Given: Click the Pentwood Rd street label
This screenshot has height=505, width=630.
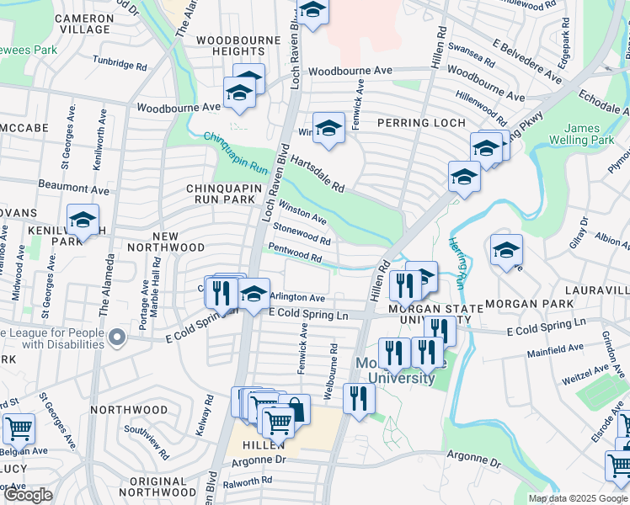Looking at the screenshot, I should (x=295, y=252).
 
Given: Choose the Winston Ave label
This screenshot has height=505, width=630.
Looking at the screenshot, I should (x=302, y=212).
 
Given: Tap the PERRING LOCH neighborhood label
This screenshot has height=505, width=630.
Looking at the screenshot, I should (x=420, y=123).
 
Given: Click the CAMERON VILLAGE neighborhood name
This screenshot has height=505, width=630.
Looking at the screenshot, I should (x=82, y=23).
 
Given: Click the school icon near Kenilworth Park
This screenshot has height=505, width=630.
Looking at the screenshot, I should (x=83, y=221).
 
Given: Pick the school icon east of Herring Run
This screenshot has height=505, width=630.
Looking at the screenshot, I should (x=505, y=250).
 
